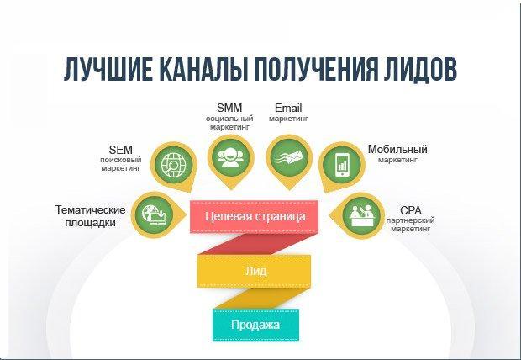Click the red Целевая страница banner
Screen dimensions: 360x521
[255, 216]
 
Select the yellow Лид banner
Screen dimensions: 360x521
[255, 271]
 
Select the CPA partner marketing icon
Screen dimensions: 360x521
[363, 212]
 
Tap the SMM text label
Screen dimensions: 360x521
[229, 109]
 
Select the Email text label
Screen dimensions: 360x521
[288, 109]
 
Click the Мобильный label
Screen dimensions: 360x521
[397, 149]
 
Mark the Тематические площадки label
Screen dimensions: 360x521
[91, 216]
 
